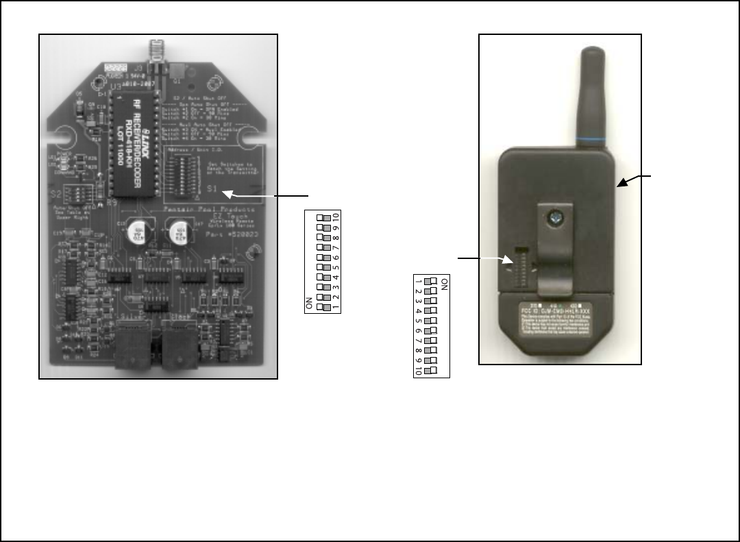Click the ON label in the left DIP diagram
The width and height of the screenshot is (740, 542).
click(310, 303)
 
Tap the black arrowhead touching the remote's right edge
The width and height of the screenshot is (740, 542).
click(621, 183)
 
